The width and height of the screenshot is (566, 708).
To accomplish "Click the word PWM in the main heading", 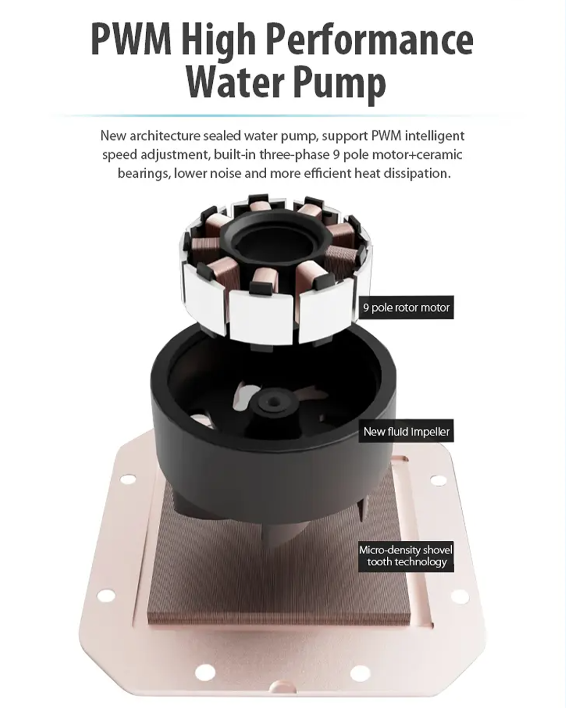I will coord(131,41).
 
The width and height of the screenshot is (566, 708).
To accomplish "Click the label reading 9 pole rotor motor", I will coord(406,307).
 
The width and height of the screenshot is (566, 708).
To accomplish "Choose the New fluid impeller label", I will coord(406,432).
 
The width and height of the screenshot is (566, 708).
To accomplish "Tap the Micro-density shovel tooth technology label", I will coord(406,556).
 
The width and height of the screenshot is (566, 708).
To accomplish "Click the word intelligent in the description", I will coord(434,136).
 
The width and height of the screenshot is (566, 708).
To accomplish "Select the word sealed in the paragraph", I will coord(222,136).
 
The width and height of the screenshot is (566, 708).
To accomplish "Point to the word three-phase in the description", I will coord(294,155).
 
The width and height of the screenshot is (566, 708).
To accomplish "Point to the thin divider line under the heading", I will coord(283,115).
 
